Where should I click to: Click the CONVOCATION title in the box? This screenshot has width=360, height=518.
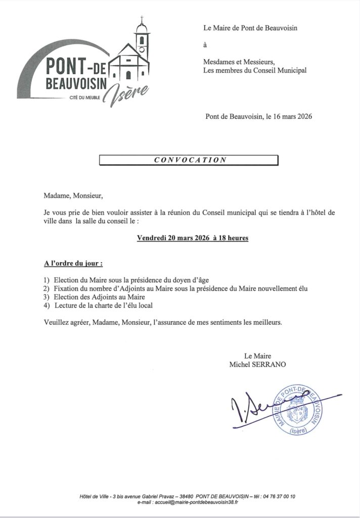pos(190,160)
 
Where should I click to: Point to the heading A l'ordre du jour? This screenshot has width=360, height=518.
pos(70,264)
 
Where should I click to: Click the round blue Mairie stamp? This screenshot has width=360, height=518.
pos(302,409)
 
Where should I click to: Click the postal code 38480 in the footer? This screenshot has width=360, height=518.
pos(188,496)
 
